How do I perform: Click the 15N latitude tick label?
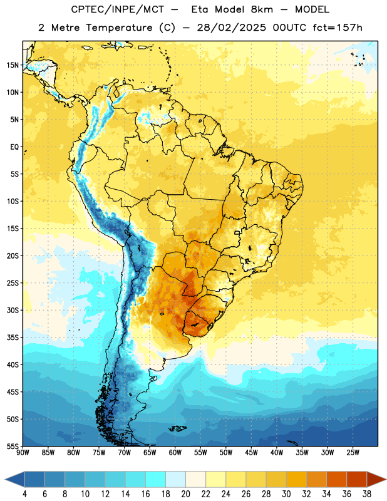(13, 65)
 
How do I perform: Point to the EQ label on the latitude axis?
(14, 147)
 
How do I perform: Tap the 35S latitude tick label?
(13, 338)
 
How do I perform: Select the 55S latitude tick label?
(13, 446)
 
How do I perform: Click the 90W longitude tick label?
(23, 453)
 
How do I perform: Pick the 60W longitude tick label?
(175, 453)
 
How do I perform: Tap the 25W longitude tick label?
(353, 453)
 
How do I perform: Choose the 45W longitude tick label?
(251, 453)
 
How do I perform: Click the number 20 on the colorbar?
(185, 494)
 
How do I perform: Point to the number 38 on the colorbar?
(366, 494)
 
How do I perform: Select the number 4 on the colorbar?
(24, 494)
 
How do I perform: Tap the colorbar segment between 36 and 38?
(357, 480)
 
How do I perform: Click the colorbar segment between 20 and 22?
(195, 480)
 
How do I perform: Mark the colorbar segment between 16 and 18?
(155, 480)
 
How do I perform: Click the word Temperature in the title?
(119, 28)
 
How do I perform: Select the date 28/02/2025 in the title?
(231, 28)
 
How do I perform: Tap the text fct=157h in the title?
(338, 28)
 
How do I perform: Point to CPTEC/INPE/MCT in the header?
(117, 9)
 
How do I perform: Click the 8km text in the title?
(262, 9)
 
